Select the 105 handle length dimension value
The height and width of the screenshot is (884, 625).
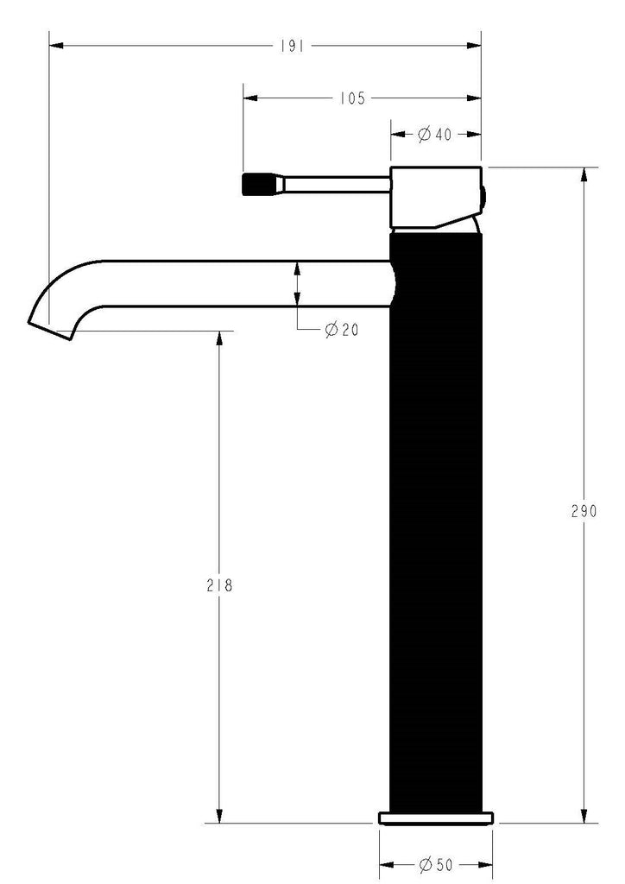pyautogui.click(x=350, y=98)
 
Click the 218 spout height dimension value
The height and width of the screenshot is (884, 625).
pyautogui.click(x=220, y=584)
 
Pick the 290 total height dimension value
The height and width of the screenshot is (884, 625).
pyautogui.click(x=584, y=510)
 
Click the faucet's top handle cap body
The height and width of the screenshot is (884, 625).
pyautogui.click(x=435, y=197)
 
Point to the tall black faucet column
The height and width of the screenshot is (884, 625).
pyautogui.click(x=436, y=518)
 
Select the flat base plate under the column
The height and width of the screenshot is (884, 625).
pyautogui.click(x=437, y=818)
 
